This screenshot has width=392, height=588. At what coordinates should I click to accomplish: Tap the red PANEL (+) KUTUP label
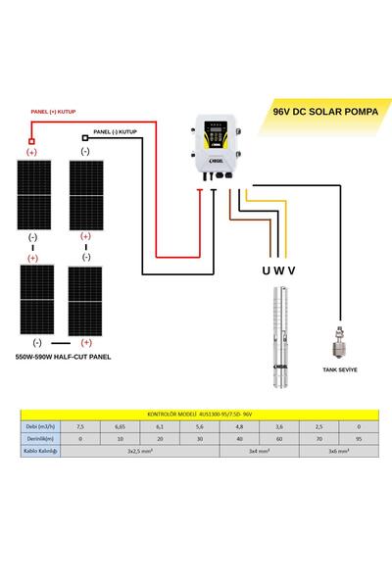click(x=54, y=112)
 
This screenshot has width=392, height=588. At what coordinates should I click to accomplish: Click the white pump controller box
click(x=218, y=147)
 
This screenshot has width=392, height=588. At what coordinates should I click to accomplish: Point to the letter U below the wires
click(x=265, y=269)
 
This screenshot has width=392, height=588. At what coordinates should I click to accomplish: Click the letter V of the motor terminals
click(x=291, y=269)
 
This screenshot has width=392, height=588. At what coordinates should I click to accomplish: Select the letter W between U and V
click(x=278, y=269)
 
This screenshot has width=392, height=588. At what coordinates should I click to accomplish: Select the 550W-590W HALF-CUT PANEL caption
click(x=64, y=358)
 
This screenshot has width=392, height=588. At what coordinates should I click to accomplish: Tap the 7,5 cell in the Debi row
click(x=80, y=426)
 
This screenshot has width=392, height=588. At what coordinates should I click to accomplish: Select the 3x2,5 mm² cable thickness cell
click(x=144, y=451)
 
